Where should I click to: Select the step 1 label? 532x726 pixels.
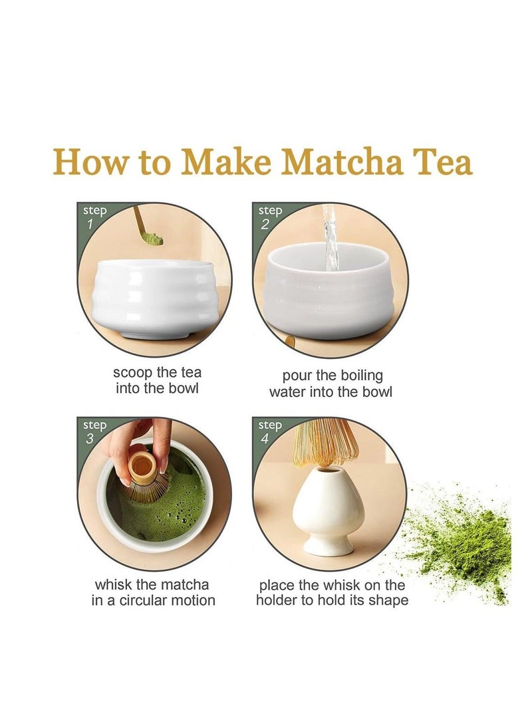point(94,217)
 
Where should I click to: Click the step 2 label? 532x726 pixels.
point(270,217)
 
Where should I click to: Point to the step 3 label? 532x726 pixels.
point(94,431)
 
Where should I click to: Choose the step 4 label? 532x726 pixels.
point(270,431)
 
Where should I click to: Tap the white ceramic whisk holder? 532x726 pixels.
point(329,512)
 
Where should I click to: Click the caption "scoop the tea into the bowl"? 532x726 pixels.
point(157,380)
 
